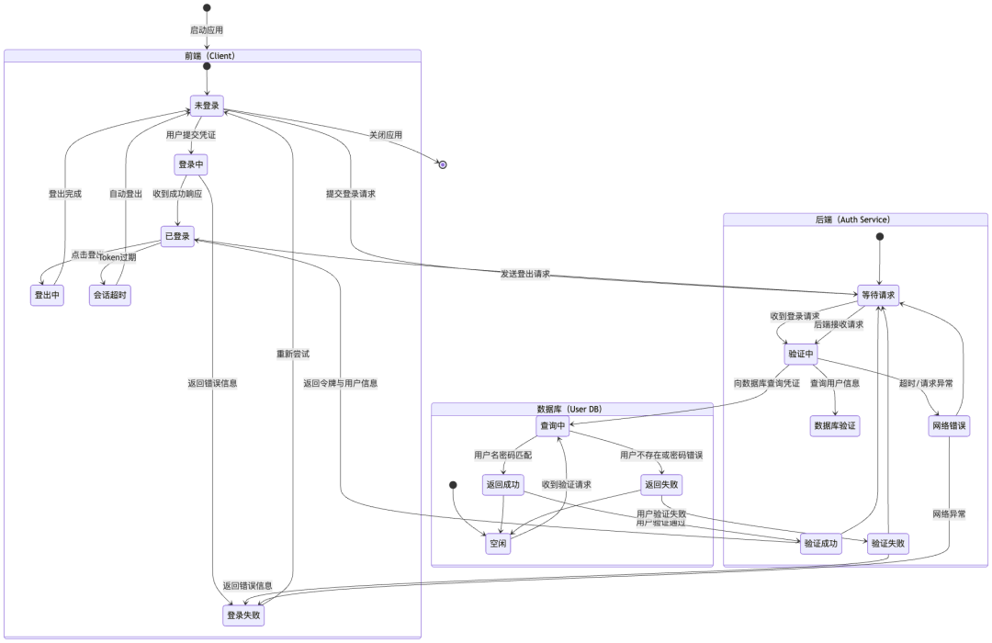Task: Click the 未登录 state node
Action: [x=208, y=106]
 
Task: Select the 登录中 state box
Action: [x=191, y=165]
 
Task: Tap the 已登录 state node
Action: [x=177, y=236]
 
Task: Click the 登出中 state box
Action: [x=46, y=295]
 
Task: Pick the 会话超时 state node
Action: [x=110, y=295]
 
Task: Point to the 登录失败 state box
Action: [x=243, y=615]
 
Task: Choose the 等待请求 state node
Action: [x=879, y=296]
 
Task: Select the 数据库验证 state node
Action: [x=835, y=425]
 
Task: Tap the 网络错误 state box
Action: [x=949, y=426]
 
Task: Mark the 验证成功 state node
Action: [x=820, y=544]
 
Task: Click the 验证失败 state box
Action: [x=888, y=544]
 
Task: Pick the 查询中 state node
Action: [x=553, y=425]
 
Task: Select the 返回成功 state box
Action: [x=503, y=485]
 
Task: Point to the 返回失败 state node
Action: [x=662, y=485]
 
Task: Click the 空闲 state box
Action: [x=497, y=544]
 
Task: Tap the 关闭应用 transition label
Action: [x=386, y=135]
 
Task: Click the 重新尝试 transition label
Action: [x=293, y=354]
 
